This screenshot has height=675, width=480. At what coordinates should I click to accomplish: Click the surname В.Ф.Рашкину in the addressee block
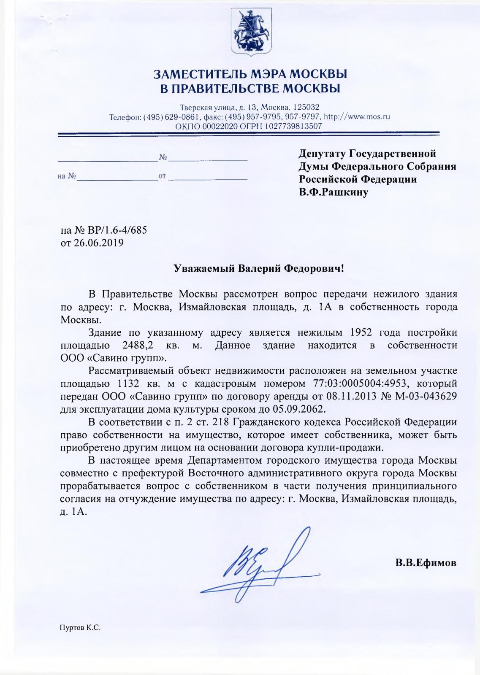coord(334,192)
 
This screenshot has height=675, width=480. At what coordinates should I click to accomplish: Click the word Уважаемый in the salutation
coord(200,268)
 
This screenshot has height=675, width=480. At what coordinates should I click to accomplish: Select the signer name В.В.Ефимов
coord(426,563)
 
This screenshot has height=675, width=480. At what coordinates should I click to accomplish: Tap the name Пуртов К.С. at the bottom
coord(80,628)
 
